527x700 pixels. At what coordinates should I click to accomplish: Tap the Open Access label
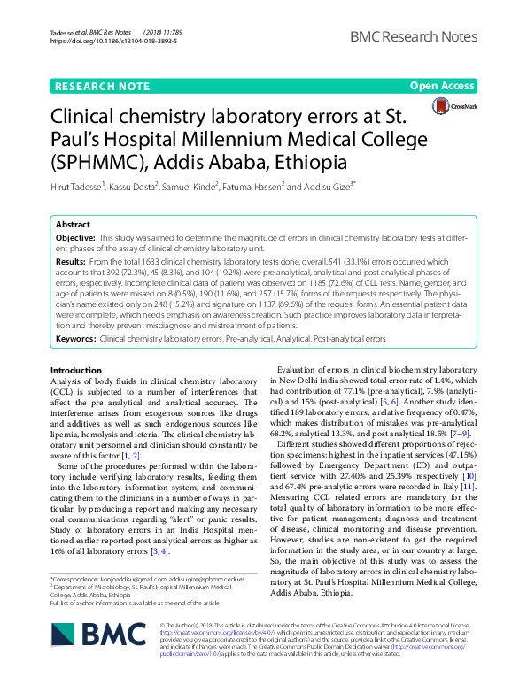[x=442, y=86]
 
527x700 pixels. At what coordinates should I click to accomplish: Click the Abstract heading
[x=74, y=225]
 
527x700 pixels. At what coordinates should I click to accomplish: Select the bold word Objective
[x=75, y=239]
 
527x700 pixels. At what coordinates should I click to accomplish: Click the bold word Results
[x=71, y=263]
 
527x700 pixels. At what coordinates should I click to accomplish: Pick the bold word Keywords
[x=76, y=338]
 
